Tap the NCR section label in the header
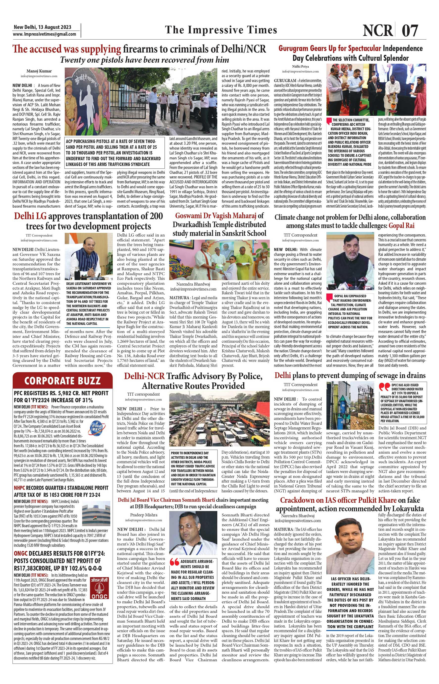pyautogui.click(x=377, y=30)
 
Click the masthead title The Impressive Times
pyautogui.click(x=221, y=30)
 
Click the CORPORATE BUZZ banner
pyautogui.click(x=62, y=381)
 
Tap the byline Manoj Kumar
pyautogui.click(x=39, y=71)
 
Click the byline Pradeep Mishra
pyautogui.click(x=144, y=515)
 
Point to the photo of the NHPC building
pyautogui.click(x=96, y=515)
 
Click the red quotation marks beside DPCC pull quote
pyautogui.click(x=384, y=387)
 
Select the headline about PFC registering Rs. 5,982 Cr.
pyautogui.click(x=61, y=396)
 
